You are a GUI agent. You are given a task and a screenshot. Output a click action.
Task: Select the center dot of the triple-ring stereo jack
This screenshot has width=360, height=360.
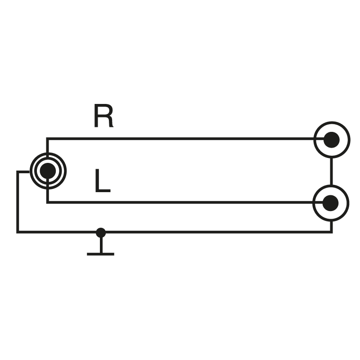(47, 171)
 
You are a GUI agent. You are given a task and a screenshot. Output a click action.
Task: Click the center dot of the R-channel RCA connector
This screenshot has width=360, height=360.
(331, 139)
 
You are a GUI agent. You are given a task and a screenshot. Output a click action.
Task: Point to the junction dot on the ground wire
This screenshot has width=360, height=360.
(101, 232)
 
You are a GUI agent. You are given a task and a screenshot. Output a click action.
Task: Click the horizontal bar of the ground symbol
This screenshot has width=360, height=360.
(100, 254)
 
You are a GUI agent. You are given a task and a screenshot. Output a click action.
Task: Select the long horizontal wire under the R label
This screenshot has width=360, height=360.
(180, 139)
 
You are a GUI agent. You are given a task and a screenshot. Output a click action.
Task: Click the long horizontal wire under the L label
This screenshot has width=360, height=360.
(180, 202)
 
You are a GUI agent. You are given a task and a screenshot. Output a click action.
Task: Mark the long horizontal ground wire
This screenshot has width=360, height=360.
(216, 232)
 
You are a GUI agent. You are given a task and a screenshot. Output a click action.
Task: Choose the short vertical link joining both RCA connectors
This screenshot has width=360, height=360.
(331, 171)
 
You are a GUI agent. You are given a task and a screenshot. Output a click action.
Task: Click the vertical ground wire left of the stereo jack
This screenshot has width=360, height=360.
(18, 202)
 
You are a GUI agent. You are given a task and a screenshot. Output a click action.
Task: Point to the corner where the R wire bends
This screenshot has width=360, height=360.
(47, 139)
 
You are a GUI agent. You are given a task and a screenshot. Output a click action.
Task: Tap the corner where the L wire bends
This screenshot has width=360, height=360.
(47, 202)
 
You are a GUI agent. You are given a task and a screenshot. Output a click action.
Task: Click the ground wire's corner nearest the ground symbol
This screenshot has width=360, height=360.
(18, 232)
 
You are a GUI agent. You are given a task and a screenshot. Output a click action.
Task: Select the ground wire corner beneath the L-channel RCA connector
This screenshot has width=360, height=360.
(332, 232)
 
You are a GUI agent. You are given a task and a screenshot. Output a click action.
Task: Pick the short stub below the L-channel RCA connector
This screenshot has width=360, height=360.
(332, 226)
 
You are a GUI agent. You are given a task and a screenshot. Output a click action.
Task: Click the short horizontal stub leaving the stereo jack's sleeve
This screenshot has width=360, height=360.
(24, 171)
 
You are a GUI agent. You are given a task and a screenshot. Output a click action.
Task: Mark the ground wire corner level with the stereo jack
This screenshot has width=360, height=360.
(18, 171)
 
